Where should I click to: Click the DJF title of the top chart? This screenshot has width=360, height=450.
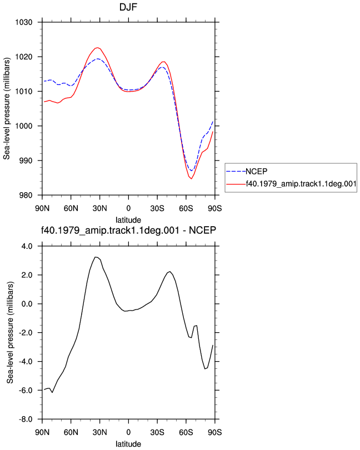pyautogui.click(x=128, y=7)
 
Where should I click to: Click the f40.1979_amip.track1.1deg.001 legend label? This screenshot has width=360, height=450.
pyautogui.click(x=301, y=184)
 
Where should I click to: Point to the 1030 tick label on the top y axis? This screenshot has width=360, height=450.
pyautogui.click(x=23, y=22)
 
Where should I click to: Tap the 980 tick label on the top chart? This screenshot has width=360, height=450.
pyautogui.click(x=26, y=195)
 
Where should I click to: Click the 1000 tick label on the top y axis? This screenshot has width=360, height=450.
pyautogui.click(x=23, y=126)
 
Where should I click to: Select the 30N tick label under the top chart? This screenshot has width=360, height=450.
pyautogui.click(x=99, y=208)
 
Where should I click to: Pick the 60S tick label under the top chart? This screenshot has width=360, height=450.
pyautogui.click(x=186, y=208)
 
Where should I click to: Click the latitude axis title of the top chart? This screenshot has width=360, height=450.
pyautogui.click(x=128, y=220)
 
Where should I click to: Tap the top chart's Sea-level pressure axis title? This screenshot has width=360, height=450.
pyautogui.click(x=7, y=108)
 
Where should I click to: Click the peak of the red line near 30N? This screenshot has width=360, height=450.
pyautogui.click(x=97, y=48)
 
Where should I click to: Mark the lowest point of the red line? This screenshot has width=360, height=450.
pyautogui.click(x=191, y=179)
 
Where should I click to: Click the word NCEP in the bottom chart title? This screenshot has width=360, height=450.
pyautogui.click(x=202, y=230)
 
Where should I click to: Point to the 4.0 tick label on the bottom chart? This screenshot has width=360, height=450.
pyautogui.click(x=27, y=246)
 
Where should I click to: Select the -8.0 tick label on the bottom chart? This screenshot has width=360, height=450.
pyautogui.click(x=26, y=419)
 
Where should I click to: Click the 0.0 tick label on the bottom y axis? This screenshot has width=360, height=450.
pyautogui.click(x=27, y=304)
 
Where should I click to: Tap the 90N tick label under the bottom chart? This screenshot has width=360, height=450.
pyautogui.click(x=42, y=432)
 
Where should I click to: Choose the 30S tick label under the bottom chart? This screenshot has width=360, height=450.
pyautogui.click(x=157, y=432)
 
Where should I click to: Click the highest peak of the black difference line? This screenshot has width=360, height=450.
pyautogui.click(x=96, y=257)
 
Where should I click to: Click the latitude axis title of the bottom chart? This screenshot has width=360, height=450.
pyautogui.click(x=128, y=444)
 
